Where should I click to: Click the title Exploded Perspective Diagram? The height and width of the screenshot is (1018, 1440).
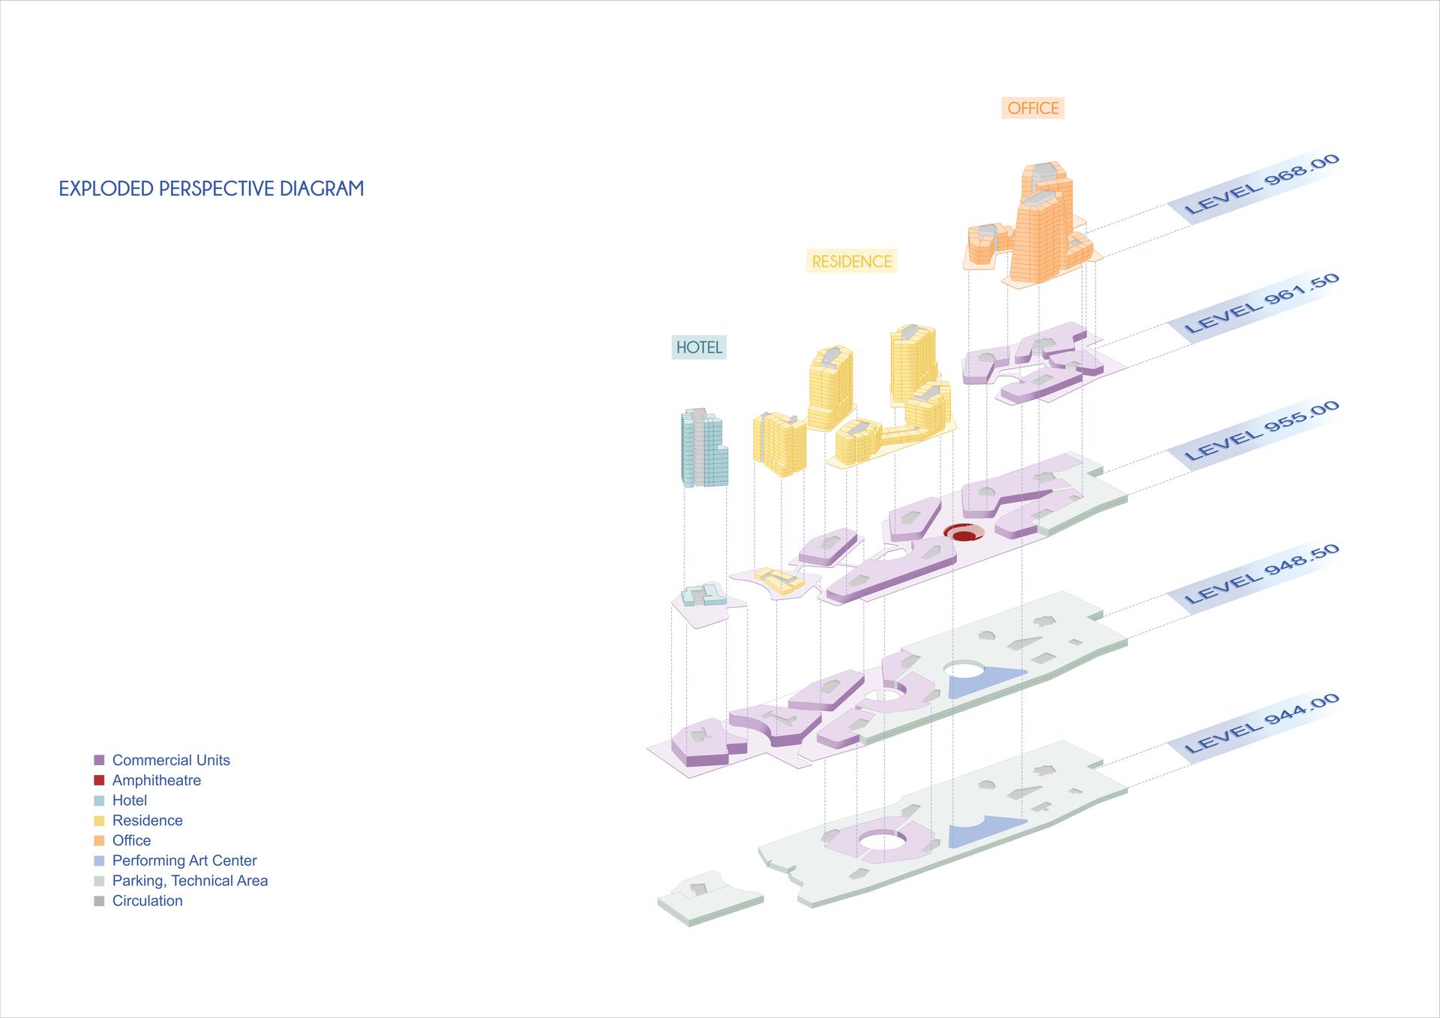[x=211, y=188]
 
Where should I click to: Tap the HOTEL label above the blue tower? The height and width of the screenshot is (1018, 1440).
[x=699, y=347]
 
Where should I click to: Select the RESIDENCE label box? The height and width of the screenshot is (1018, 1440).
[x=852, y=261]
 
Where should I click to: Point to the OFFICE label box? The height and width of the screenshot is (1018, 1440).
[x=1033, y=108]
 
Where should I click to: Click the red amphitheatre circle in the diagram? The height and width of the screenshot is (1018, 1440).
[x=964, y=533]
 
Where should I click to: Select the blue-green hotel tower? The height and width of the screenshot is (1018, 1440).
[x=704, y=448]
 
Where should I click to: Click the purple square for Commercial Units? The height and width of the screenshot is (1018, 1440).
[x=99, y=760]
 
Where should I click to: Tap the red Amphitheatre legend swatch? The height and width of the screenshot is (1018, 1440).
[x=99, y=780]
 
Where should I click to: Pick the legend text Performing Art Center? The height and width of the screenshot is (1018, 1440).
[x=184, y=860]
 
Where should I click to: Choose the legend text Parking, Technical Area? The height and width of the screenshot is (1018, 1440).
[x=190, y=881]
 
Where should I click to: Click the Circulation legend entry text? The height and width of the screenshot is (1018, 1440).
[x=147, y=901]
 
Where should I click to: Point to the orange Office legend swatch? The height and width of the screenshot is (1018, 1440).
[x=99, y=841]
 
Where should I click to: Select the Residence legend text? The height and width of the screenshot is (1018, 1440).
[x=147, y=821]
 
